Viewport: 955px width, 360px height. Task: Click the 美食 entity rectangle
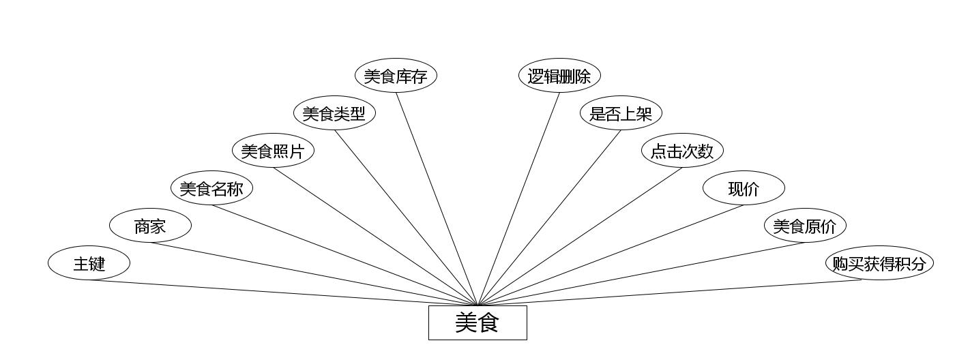coord(477,322)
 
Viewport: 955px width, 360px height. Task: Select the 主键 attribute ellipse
coord(89,263)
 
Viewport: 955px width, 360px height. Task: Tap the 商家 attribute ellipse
coord(150,226)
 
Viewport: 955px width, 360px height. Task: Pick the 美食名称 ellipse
coord(211,188)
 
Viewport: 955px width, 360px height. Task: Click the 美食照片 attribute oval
coord(273,151)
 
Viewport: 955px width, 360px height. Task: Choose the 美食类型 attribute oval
coord(334,113)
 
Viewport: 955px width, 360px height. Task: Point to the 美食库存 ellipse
coord(396,76)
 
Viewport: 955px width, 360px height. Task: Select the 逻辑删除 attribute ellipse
coord(559,76)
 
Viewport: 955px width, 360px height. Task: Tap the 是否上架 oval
coord(621,113)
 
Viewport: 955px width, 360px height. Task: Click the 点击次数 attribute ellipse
coord(682,151)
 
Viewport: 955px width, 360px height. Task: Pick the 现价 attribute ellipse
coord(744,188)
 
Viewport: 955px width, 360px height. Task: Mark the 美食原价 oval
coord(805,226)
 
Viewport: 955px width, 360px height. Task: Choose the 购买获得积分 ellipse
coord(879,263)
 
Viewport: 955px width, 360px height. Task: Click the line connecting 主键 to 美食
coord(283,293)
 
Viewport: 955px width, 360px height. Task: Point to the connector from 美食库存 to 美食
coord(437,198)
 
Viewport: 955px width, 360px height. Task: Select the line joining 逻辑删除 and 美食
coord(518,198)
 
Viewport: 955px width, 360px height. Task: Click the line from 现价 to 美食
coord(611,255)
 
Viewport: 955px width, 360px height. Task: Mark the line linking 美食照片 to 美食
coord(375,236)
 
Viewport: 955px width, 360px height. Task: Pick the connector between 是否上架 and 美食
coord(549,217)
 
